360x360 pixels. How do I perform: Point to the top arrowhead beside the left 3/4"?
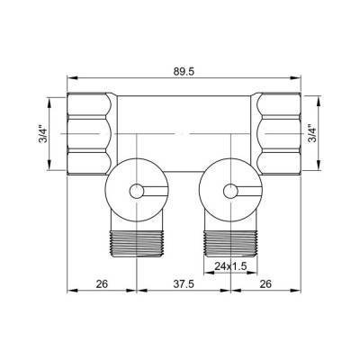58,98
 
